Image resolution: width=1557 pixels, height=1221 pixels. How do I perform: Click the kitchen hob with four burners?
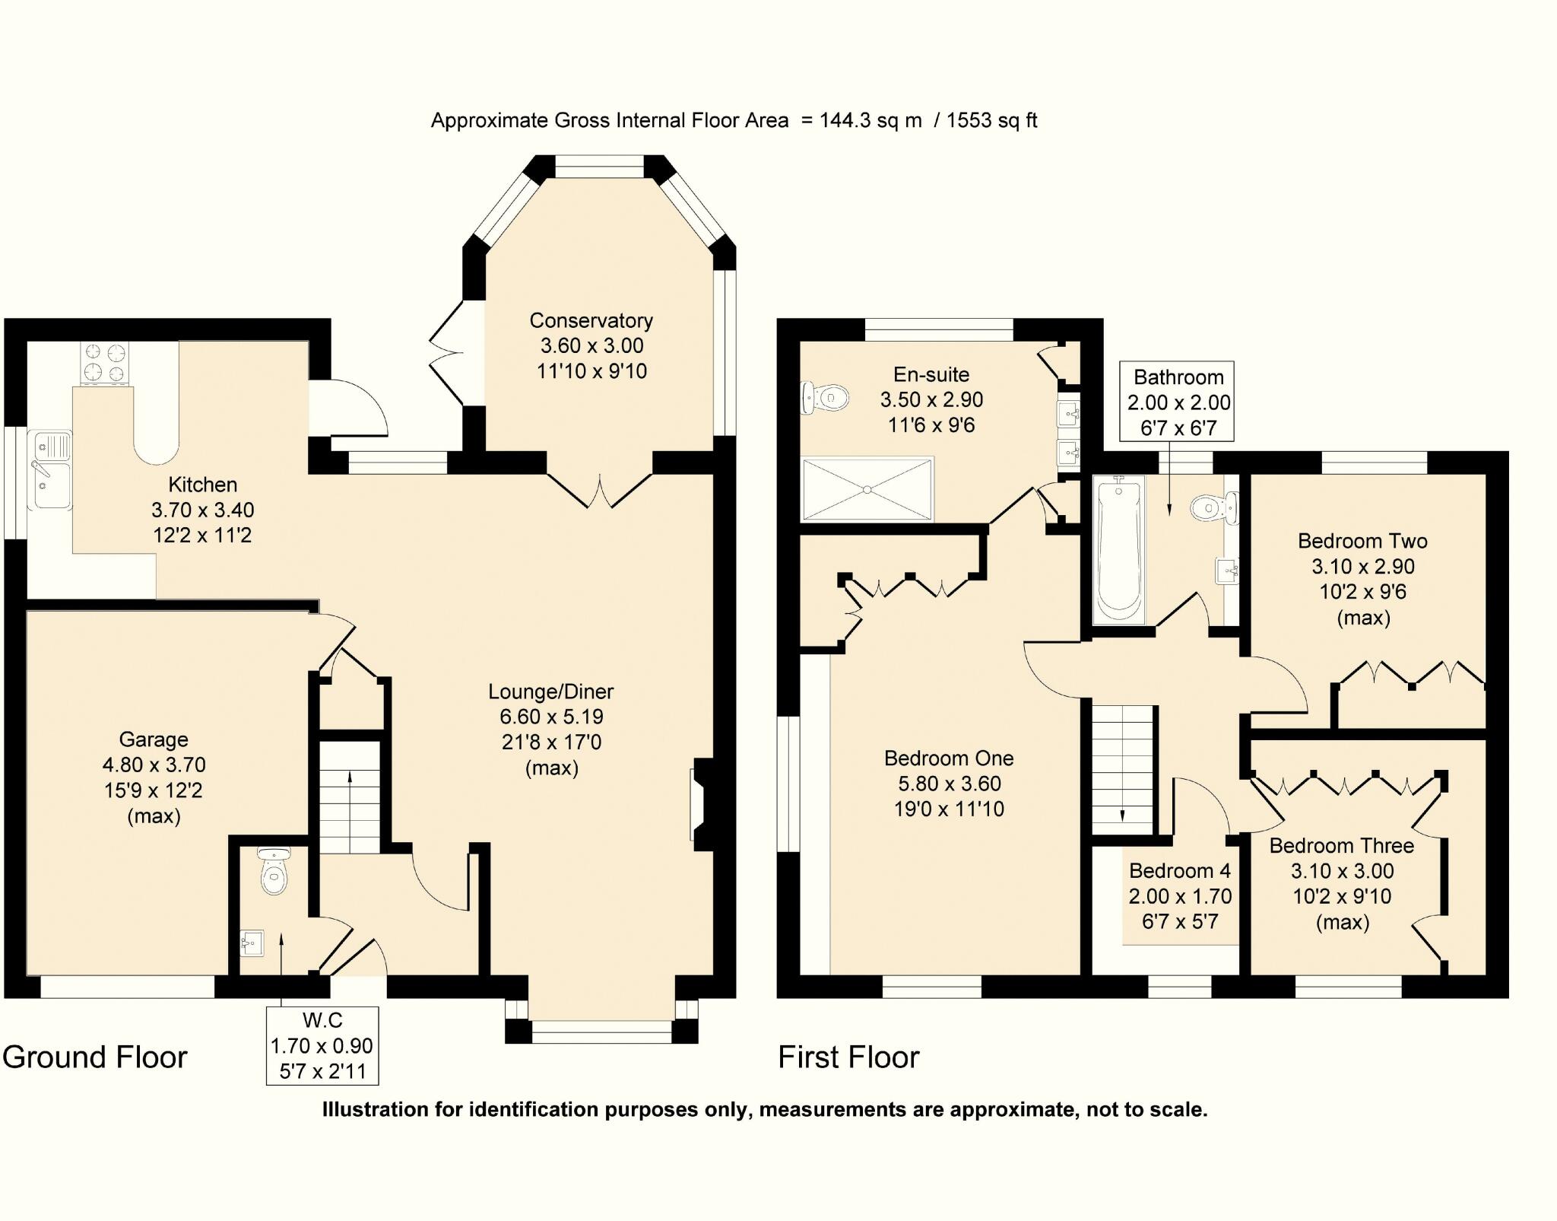104,363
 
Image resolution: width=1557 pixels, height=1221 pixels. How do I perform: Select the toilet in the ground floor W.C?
274,871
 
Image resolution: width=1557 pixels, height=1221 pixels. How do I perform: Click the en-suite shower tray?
867,489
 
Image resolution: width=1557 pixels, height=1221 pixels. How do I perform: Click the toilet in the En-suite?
825,396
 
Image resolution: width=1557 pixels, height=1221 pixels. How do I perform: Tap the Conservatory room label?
591,320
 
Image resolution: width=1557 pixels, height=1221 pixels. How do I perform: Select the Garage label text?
154,739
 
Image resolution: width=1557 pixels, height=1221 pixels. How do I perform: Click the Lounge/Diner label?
551,692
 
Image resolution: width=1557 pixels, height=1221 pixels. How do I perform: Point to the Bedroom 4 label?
1180,870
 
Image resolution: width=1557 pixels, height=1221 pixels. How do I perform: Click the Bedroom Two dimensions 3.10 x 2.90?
1362,567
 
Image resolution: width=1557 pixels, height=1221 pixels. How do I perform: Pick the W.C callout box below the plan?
322,1045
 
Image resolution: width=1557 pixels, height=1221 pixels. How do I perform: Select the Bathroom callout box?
1178,402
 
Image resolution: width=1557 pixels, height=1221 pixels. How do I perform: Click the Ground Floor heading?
95,1057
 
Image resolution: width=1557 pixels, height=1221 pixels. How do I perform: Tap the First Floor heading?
848,1057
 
